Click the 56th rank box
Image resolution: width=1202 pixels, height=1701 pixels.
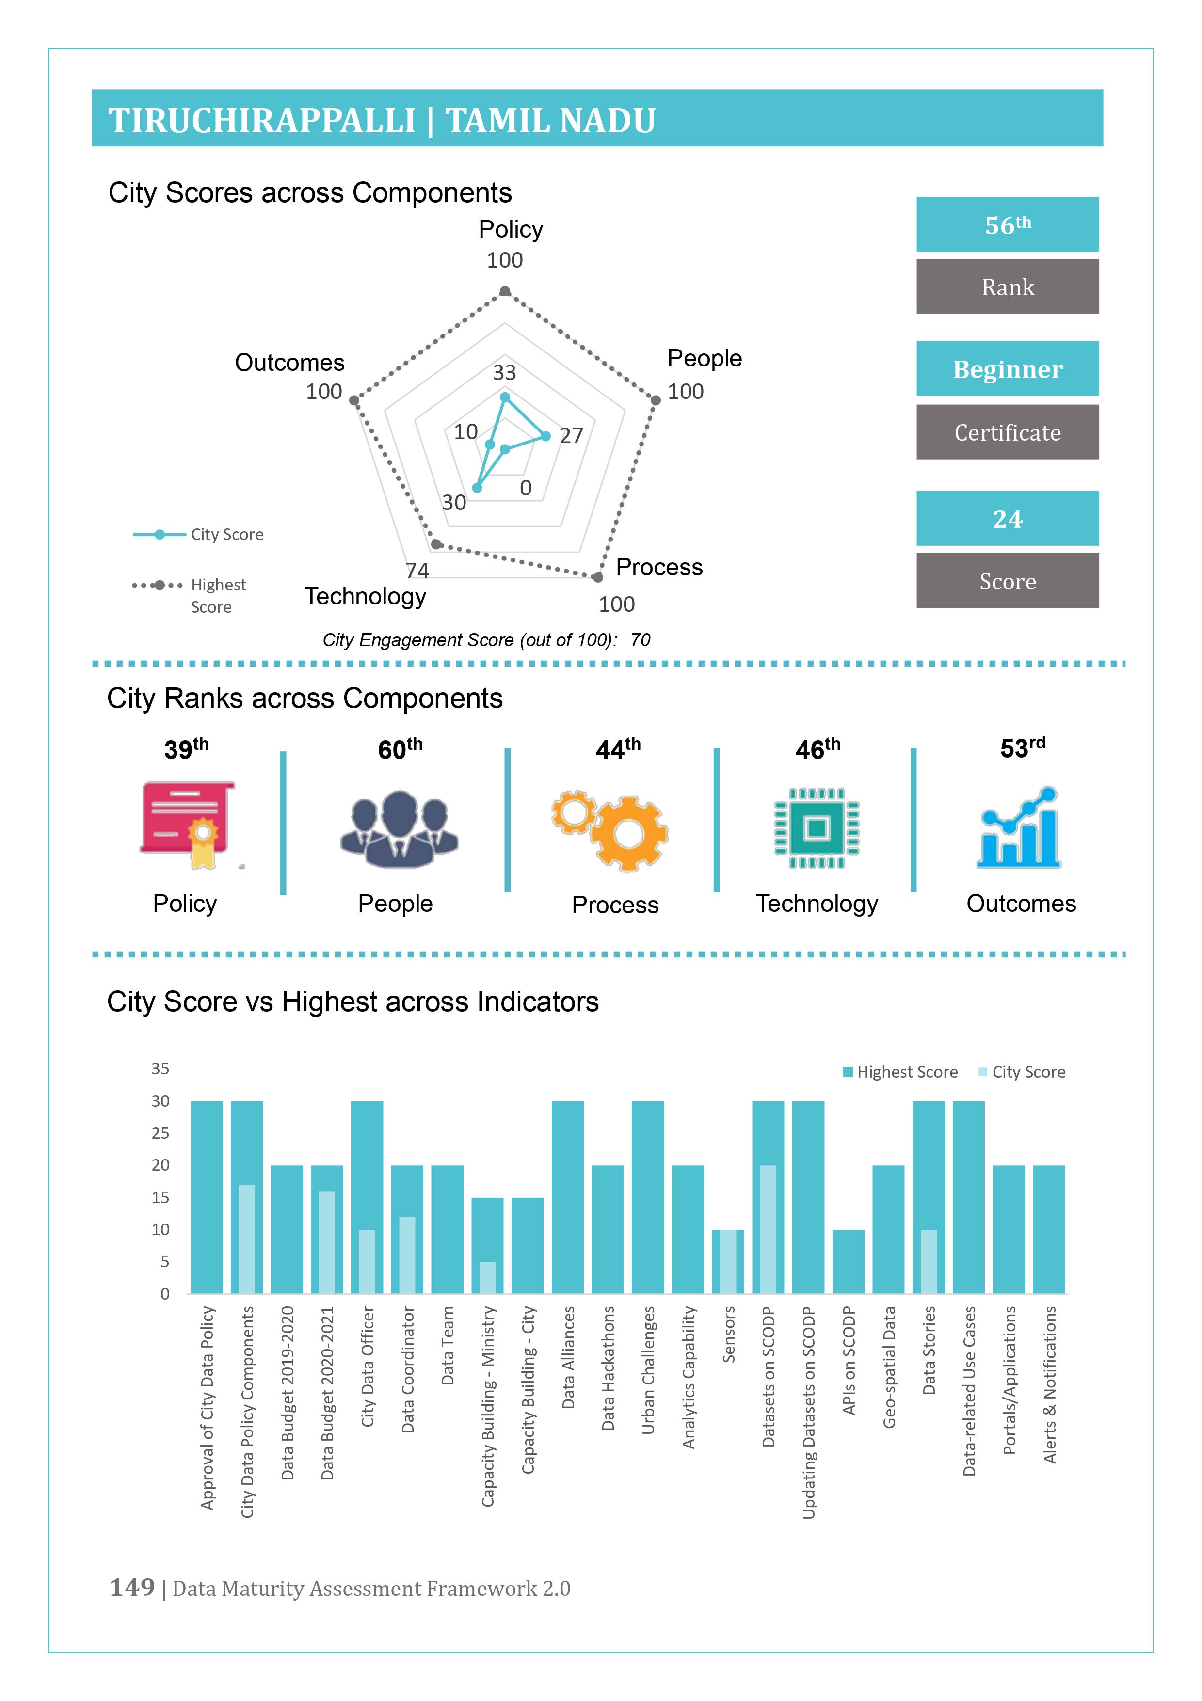tap(1007, 224)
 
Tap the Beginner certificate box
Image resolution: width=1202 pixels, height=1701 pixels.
tap(1007, 369)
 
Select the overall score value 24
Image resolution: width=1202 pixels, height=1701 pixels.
tap(1007, 519)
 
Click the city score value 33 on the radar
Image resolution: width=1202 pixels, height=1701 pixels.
tap(505, 372)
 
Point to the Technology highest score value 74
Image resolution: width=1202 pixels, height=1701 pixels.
tap(417, 571)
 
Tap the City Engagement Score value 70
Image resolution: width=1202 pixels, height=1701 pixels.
tap(641, 640)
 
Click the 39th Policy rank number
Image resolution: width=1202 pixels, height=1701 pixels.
tap(186, 749)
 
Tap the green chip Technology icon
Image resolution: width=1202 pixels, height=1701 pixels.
tap(817, 828)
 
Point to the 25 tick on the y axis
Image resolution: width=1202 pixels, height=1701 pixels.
tap(160, 1133)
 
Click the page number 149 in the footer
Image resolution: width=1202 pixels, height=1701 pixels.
tap(132, 1588)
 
